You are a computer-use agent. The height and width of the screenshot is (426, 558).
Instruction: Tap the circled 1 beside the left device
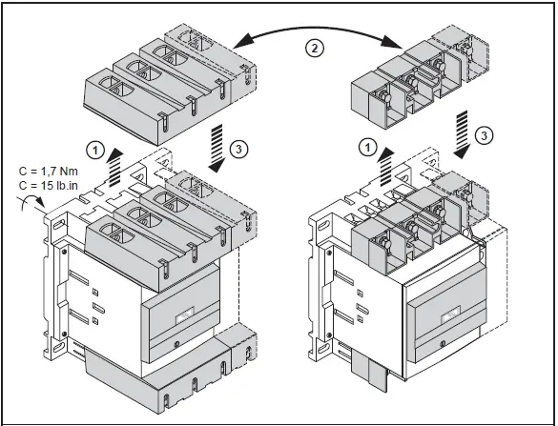point(94,149)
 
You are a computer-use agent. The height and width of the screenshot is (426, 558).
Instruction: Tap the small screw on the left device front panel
point(176,340)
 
